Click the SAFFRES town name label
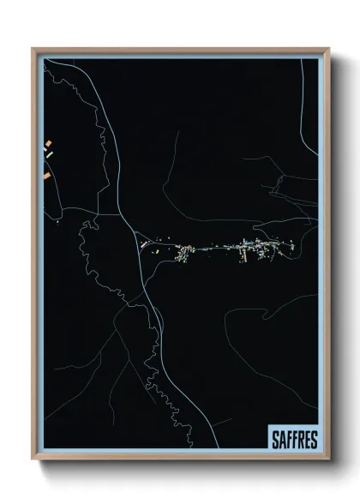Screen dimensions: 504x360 (293, 439)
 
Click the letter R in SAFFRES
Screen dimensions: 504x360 (301, 440)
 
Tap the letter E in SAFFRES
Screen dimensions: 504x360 (307, 440)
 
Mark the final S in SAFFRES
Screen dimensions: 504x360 (313, 440)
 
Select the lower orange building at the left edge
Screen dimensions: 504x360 (46, 176)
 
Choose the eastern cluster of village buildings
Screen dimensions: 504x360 (257, 249)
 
